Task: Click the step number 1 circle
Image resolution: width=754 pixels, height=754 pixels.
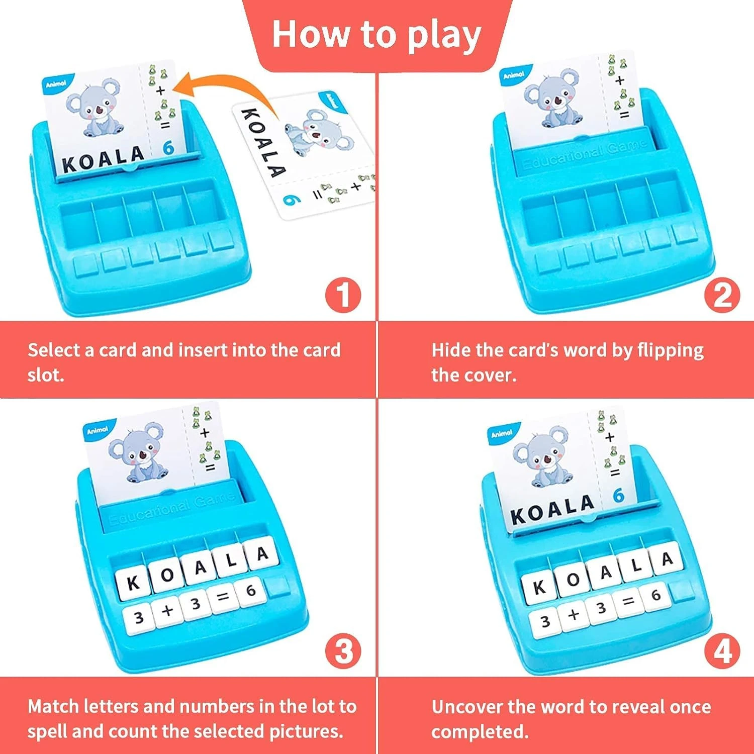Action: (x=343, y=295)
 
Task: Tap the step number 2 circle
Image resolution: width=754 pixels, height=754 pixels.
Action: (x=722, y=295)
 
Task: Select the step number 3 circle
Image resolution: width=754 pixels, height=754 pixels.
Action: (x=343, y=652)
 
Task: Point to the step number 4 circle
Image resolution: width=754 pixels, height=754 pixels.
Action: (x=722, y=652)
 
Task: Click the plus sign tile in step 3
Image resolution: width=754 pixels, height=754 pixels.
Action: (x=168, y=610)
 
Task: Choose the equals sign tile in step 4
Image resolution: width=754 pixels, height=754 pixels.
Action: (x=628, y=601)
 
